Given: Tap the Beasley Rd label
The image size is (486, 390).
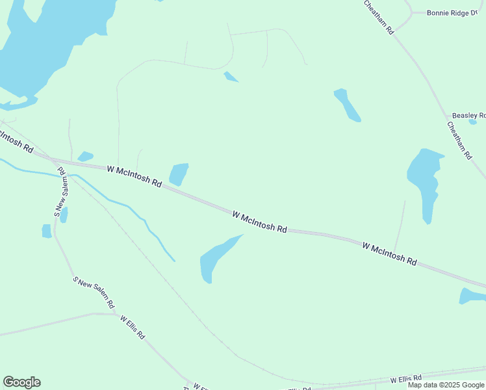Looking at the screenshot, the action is click(468, 116).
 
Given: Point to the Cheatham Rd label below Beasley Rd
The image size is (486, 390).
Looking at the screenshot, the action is click(459, 140).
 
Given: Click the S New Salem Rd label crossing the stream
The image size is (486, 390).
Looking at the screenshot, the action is click(60, 192).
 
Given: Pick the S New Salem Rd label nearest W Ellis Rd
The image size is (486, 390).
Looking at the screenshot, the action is click(94, 292).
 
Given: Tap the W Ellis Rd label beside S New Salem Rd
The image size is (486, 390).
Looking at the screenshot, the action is click(133, 329).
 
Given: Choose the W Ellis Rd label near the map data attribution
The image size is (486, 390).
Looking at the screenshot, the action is click(406, 378).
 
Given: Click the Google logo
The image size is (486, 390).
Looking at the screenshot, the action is click(21, 382).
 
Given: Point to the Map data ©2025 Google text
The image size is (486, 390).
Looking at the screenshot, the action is click(446, 385).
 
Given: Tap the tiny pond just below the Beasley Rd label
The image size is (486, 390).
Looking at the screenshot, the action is click(472, 122).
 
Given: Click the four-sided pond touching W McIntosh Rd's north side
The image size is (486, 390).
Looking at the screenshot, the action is click(178, 174).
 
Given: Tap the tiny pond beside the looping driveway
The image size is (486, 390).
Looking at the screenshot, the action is click(231, 77).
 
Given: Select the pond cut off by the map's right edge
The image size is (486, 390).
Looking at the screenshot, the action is click(473, 296).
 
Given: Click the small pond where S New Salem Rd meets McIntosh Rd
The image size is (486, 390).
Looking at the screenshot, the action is click(85, 156).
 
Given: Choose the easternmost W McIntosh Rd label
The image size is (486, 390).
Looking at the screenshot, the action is click(389, 253).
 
